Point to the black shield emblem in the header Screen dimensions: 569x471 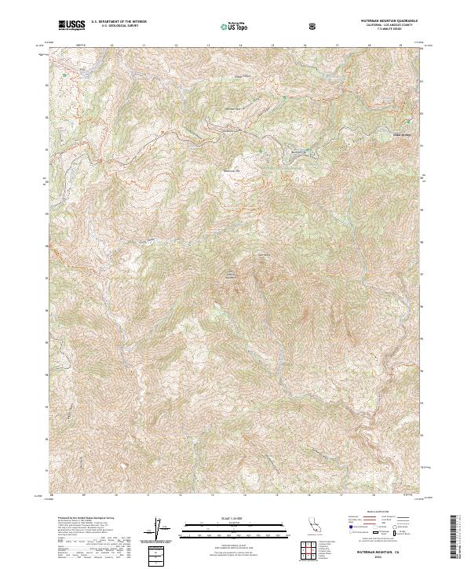point(314,26)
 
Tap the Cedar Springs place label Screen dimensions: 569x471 point(402,133)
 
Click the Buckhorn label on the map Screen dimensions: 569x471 point(299,151)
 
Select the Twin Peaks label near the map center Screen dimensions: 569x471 point(232,274)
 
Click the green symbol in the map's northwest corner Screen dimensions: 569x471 point(64,75)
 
